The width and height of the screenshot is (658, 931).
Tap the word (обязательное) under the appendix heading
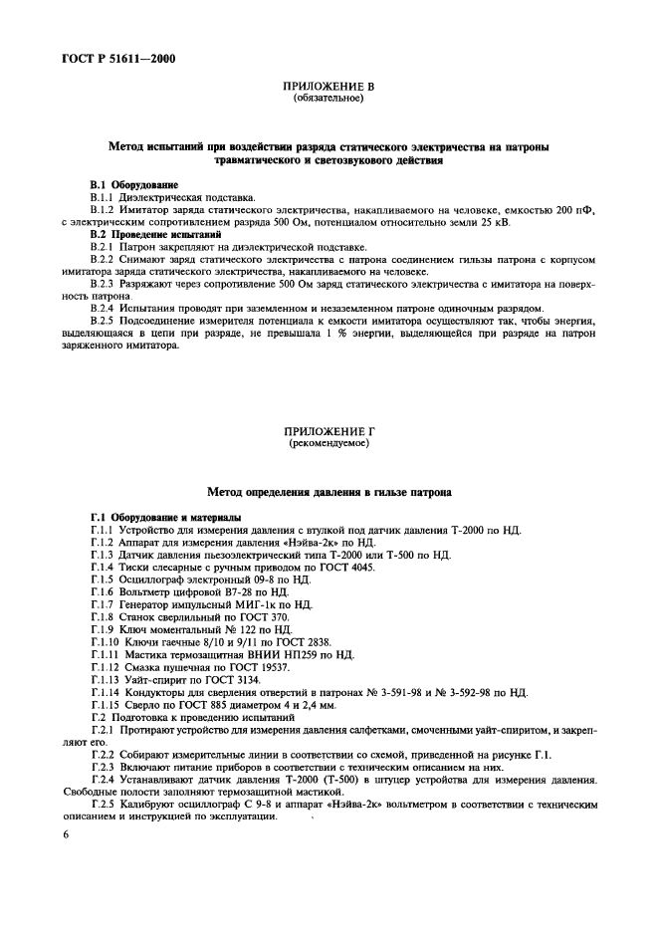coord(329,100)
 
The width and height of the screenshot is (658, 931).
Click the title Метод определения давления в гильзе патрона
coord(329,492)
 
